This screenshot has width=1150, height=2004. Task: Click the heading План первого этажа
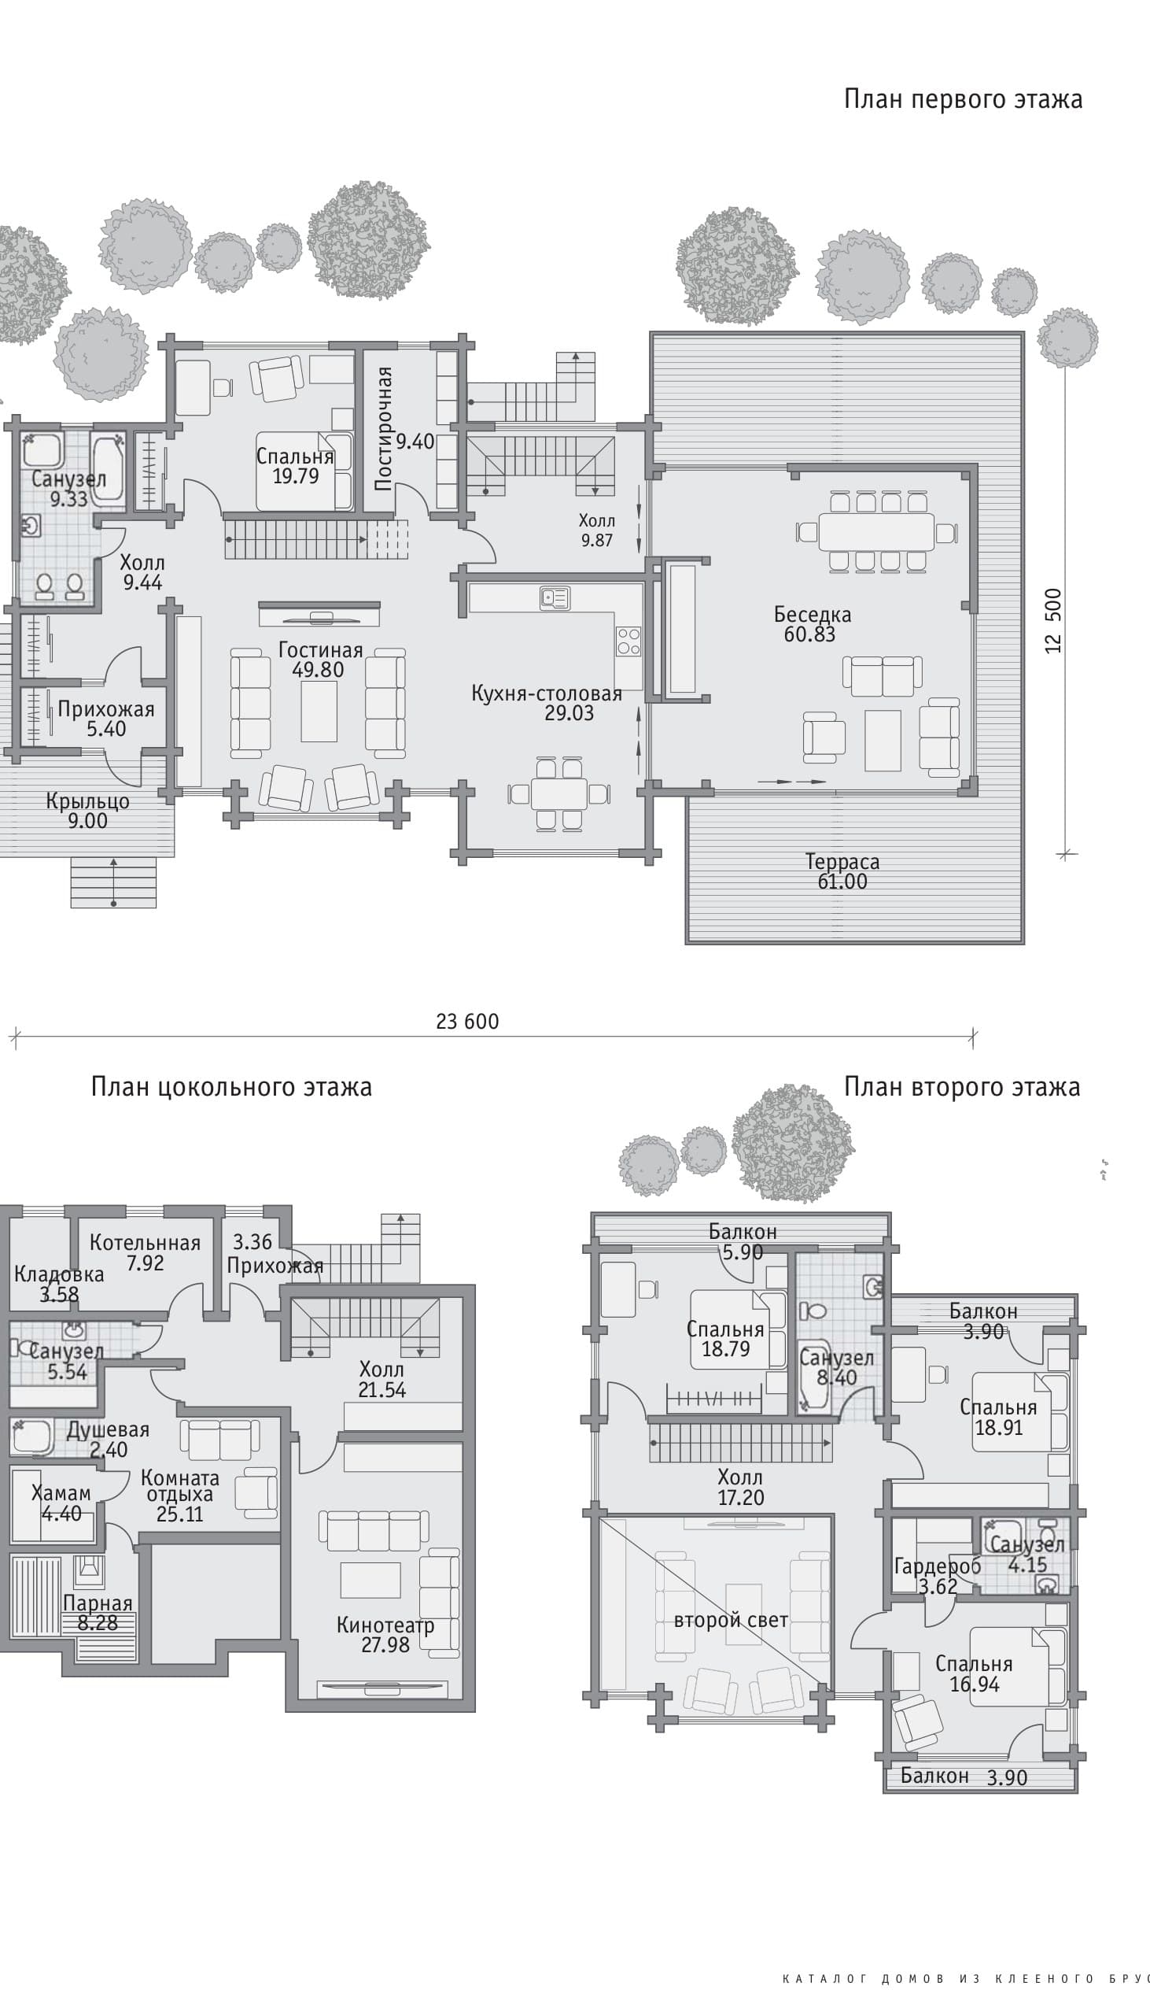(963, 99)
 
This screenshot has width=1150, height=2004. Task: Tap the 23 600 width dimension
(467, 1021)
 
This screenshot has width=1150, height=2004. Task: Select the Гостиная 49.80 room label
(320, 660)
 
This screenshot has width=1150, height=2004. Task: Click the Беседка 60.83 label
(812, 624)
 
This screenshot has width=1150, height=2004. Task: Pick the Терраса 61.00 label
(842, 871)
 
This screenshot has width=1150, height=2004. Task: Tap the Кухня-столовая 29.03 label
(547, 704)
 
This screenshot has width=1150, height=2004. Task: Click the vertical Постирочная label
(384, 428)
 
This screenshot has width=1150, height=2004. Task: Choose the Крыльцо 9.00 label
(87, 811)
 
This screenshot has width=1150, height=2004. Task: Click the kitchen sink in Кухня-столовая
(555, 598)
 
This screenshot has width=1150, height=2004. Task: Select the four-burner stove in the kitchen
(628, 641)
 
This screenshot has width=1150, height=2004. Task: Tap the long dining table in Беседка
(877, 532)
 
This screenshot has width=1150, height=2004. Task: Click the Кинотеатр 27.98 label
(385, 1635)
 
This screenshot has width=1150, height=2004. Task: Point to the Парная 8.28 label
(98, 1613)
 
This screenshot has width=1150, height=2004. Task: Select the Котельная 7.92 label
(146, 1252)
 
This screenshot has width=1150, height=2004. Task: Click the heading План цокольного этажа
(231, 1087)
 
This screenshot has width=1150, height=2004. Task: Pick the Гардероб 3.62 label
(938, 1576)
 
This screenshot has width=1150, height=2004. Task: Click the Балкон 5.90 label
(743, 1241)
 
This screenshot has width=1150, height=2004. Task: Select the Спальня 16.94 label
(974, 1673)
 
